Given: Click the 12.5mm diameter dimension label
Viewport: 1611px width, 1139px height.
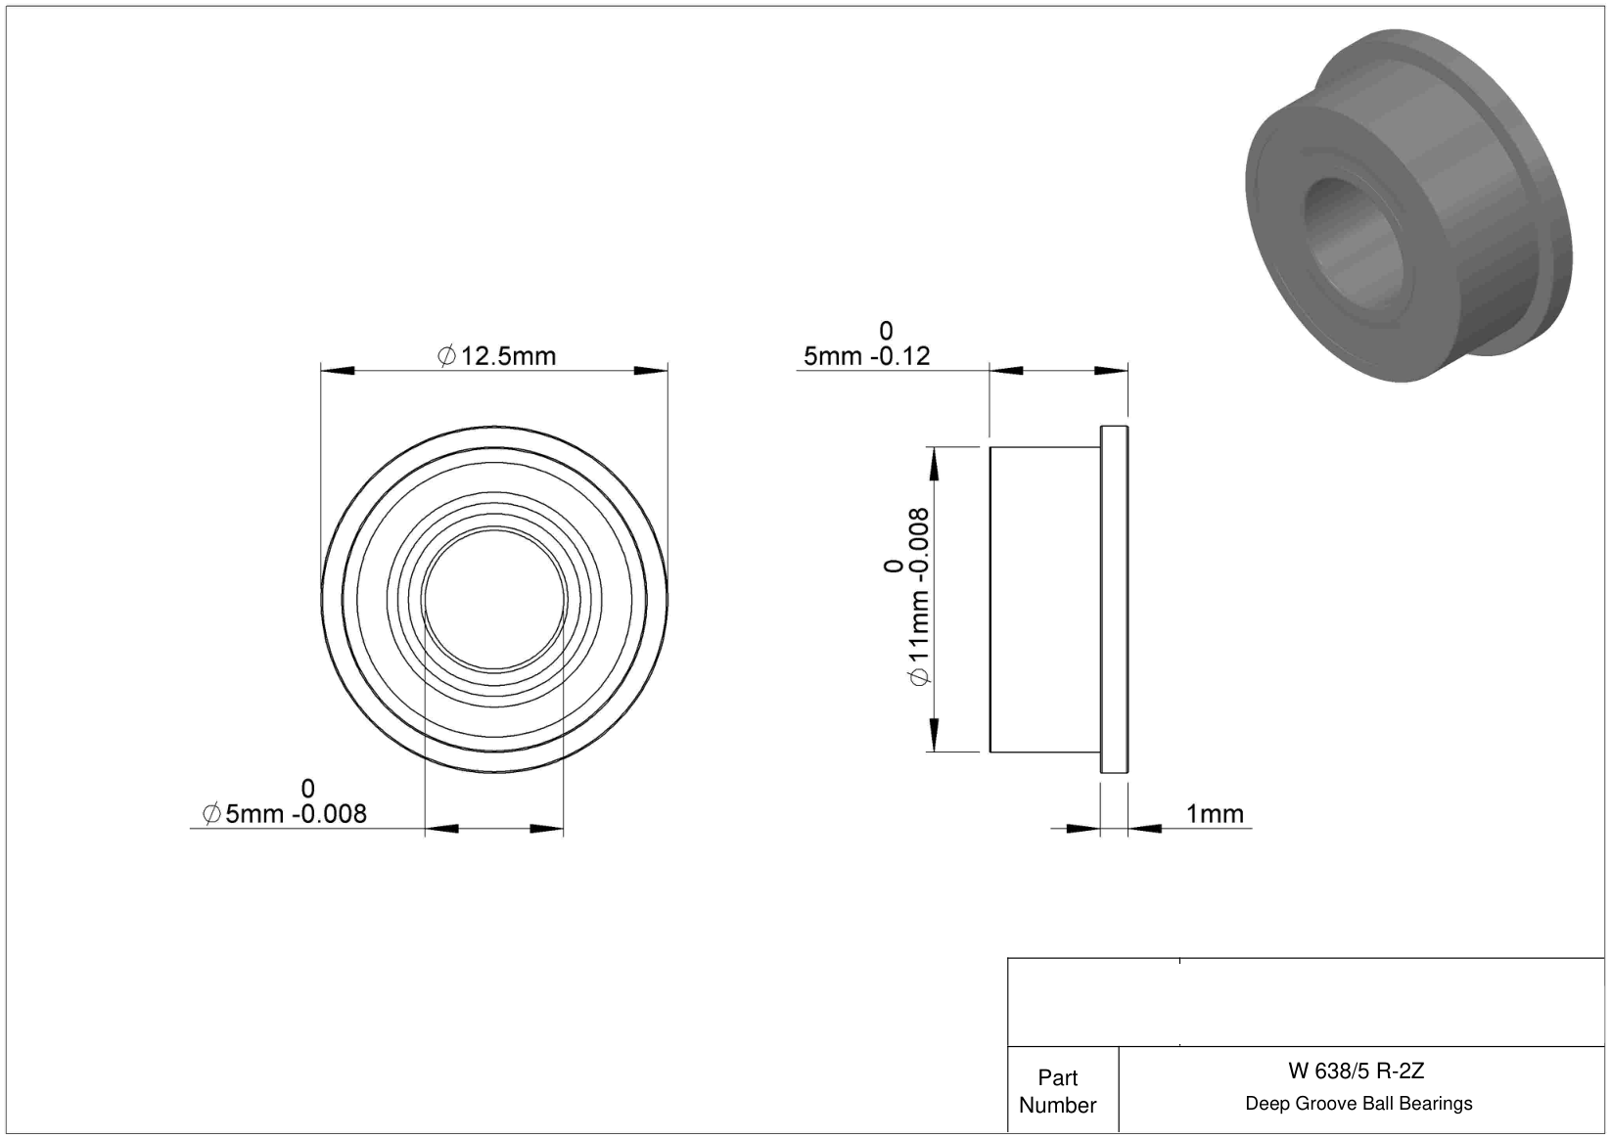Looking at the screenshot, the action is (x=497, y=356).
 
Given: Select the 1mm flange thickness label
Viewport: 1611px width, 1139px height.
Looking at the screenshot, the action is (x=1215, y=814).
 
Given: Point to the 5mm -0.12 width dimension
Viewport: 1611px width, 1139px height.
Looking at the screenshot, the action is (x=866, y=356).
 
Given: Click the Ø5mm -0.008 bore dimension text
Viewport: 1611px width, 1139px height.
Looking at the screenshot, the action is (x=285, y=814).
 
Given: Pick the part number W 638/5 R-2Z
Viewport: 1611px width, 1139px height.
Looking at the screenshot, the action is (x=1356, y=1071).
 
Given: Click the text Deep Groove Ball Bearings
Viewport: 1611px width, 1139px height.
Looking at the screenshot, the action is (x=1358, y=1103).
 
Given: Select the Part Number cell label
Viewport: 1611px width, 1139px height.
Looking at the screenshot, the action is (x=1057, y=1091).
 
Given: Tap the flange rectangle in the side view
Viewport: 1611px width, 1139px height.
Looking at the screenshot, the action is (x=1114, y=600).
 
